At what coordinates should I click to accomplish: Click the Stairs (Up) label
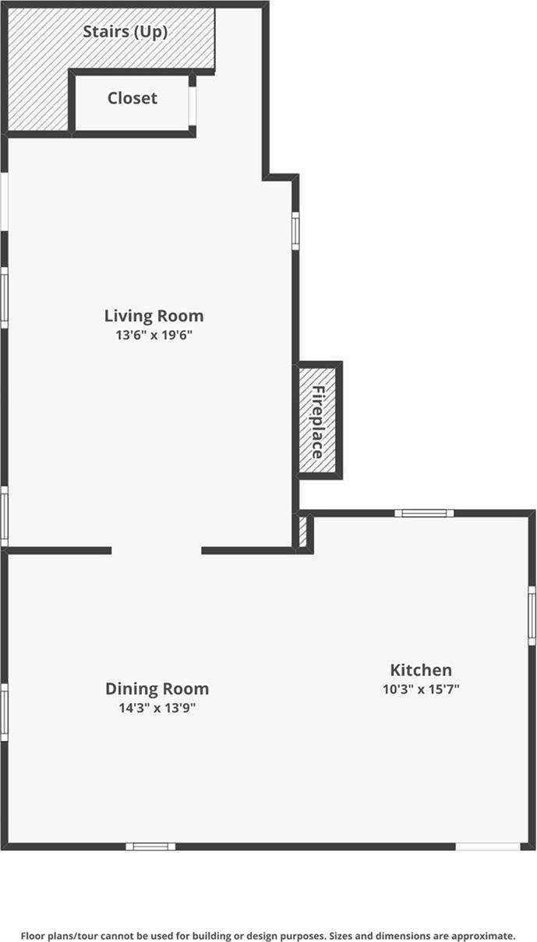[x=125, y=33]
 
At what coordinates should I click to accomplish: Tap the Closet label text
[x=132, y=98]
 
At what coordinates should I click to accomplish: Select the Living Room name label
[x=154, y=315]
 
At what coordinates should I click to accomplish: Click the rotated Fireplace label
[x=318, y=421]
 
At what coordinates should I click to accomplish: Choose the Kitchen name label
[x=420, y=670]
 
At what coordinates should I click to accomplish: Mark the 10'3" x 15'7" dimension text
[x=420, y=689]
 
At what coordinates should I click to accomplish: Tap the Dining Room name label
[x=157, y=689]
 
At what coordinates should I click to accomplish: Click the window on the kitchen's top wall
[x=424, y=513]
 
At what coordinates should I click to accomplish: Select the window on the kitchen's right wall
[x=532, y=615]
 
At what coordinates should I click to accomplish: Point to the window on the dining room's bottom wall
[x=150, y=846]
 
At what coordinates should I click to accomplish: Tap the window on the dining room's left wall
[x=4, y=712]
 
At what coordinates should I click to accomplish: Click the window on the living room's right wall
[x=295, y=230]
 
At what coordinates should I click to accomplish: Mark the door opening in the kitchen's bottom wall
[x=488, y=846]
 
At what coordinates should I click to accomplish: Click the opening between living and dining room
[x=157, y=550]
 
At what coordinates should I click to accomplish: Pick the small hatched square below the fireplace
[x=302, y=531]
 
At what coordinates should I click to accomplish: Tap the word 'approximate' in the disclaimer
[x=482, y=936]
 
